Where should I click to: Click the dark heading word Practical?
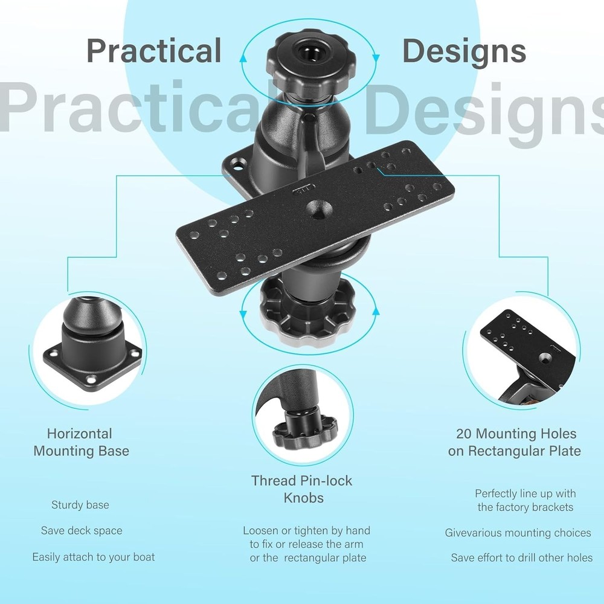154,51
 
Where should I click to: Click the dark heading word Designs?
464,51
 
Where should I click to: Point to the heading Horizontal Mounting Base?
80,442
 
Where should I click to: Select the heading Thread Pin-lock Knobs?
301,489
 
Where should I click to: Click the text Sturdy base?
80,505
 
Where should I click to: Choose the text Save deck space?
82,531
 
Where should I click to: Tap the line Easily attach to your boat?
94,557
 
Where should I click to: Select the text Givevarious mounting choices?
518,533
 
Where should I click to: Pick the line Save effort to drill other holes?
521,558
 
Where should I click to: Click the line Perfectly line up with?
525,494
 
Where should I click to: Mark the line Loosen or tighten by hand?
306,531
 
